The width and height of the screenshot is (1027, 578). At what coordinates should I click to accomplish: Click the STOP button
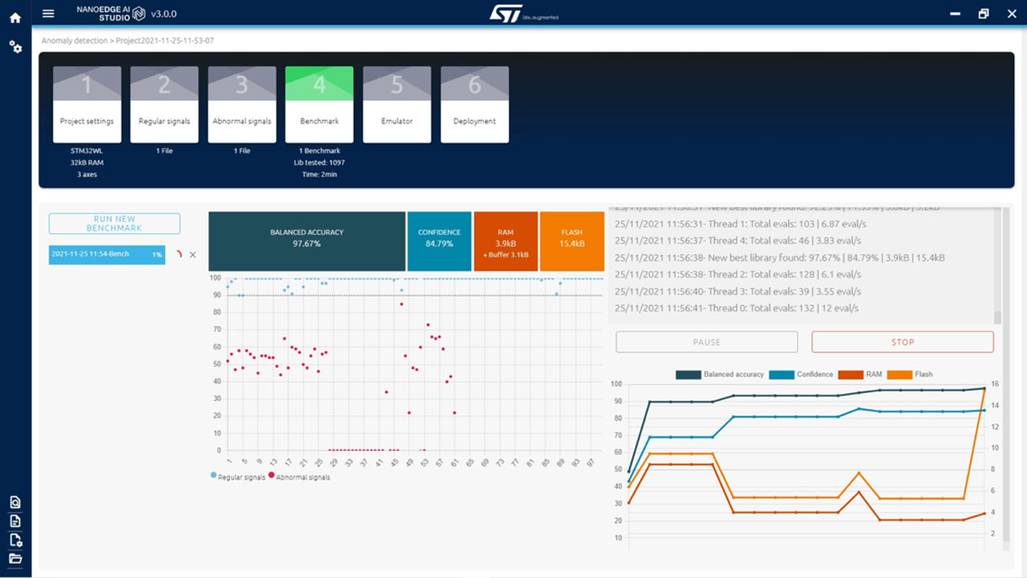pyautogui.click(x=902, y=342)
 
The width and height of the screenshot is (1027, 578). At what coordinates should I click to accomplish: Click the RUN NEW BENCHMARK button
pyautogui.click(x=114, y=223)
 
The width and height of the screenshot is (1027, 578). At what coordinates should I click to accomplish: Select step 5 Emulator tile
pyautogui.click(x=397, y=105)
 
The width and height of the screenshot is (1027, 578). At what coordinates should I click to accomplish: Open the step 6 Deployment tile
pyautogui.click(x=474, y=105)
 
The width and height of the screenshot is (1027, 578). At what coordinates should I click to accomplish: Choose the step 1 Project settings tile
pyautogui.click(x=87, y=105)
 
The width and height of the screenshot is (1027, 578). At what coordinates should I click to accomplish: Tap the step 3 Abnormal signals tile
pyautogui.click(x=242, y=105)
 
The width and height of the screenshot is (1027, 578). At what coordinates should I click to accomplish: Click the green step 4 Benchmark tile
pyautogui.click(x=320, y=105)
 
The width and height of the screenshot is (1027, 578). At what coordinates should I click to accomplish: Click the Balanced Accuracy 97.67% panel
pyautogui.click(x=306, y=241)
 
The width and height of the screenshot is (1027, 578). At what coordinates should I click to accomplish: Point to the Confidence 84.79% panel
pyautogui.click(x=439, y=241)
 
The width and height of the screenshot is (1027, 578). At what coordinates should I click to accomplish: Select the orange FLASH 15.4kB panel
pyautogui.click(x=572, y=241)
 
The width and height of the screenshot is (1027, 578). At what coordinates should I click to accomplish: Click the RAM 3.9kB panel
pyautogui.click(x=506, y=241)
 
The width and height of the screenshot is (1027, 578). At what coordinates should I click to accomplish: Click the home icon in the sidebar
pyautogui.click(x=15, y=17)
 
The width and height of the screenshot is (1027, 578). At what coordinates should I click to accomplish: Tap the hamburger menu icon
pyautogui.click(x=48, y=13)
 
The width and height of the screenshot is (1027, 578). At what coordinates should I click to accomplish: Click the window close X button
pyautogui.click(x=1012, y=13)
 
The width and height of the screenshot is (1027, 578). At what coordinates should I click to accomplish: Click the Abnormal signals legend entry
pyautogui.click(x=302, y=477)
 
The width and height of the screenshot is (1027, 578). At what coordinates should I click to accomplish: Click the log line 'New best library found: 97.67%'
pyautogui.click(x=779, y=257)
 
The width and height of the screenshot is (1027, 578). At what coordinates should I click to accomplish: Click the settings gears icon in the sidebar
pyautogui.click(x=15, y=47)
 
